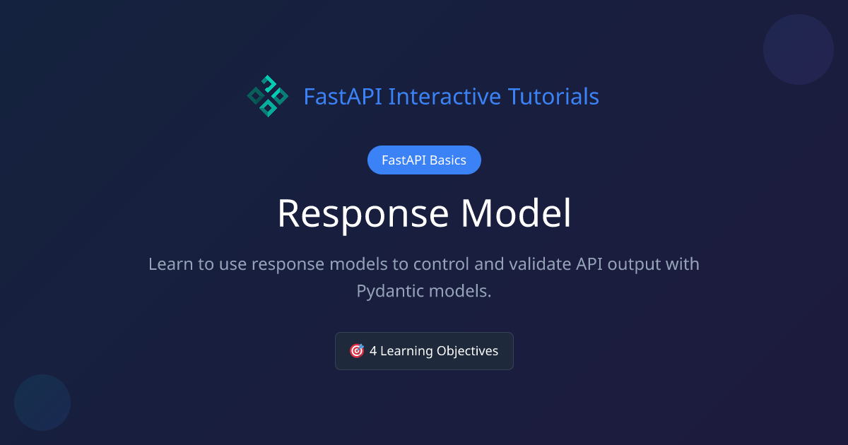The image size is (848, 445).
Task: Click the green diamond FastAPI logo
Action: (267, 96)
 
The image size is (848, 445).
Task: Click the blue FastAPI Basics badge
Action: (424, 160)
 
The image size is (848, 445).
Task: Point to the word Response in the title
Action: (363, 213)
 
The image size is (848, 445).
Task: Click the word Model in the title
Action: (517, 213)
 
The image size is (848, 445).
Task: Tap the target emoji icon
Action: (357, 351)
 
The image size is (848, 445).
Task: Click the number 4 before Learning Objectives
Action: (373, 351)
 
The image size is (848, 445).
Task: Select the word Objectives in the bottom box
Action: (468, 351)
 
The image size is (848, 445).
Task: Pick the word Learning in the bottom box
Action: (406, 351)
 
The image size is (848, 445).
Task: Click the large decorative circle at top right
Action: (799, 49)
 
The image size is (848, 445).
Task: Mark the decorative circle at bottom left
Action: (42, 403)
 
